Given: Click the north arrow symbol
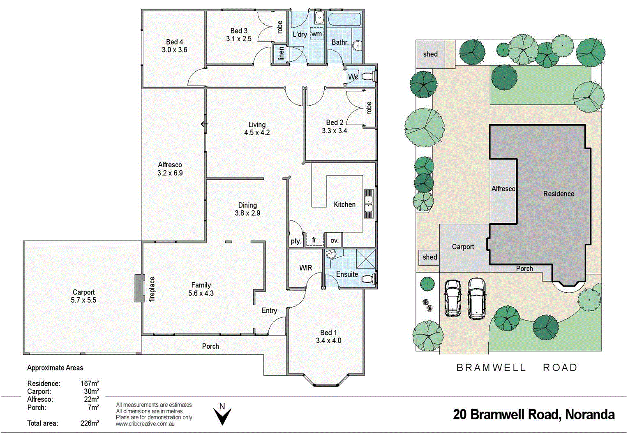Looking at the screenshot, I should click(x=222, y=416).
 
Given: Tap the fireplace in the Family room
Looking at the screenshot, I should click(x=140, y=289).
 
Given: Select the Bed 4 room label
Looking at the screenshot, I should click(x=174, y=42).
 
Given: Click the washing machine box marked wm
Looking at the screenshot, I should click(x=316, y=34).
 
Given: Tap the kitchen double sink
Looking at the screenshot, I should click(x=369, y=203).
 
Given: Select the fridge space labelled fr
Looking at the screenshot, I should click(x=314, y=240).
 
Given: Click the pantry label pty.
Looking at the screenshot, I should click(x=296, y=241).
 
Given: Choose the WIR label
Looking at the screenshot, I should click(x=305, y=268).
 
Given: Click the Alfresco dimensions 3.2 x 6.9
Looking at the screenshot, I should click(x=170, y=173).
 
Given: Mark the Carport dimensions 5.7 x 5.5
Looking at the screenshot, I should click(x=83, y=300).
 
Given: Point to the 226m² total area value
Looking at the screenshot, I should click(x=90, y=423).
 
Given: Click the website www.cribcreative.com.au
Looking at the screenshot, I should click(x=145, y=424).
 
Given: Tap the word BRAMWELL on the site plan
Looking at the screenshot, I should click(x=491, y=368).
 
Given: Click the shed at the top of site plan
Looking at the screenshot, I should click(x=430, y=54).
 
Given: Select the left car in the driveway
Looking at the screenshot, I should click(x=453, y=298).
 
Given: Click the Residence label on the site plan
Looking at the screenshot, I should click(x=559, y=194).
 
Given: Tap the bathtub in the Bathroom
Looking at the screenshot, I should click(x=344, y=19).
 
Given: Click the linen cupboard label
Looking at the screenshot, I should click(x=281, y=53).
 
